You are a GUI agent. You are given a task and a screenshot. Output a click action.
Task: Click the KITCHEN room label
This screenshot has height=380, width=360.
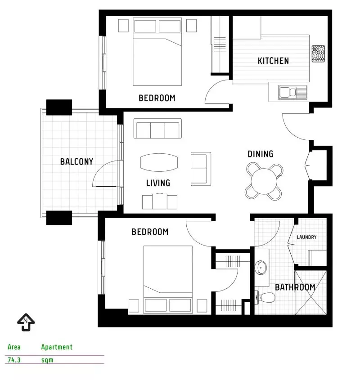coord(273,61)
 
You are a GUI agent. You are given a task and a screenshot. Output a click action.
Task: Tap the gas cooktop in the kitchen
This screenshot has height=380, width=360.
coord(318,54)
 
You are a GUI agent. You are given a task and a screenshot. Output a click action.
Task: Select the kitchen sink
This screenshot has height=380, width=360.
coord(292,92)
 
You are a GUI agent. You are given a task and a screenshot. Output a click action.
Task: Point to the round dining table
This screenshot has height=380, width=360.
coord(264,181)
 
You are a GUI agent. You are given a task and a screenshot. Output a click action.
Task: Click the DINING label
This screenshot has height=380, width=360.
coord(260,154)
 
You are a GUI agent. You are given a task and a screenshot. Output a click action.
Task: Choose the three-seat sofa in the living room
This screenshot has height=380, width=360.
coord(157,128)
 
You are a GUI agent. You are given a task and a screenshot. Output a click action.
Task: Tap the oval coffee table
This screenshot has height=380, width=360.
coord(159,162)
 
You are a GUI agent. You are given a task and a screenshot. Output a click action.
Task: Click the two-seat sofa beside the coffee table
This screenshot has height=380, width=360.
coord(201,169)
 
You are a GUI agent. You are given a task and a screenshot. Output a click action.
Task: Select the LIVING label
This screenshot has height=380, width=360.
coord(158,183)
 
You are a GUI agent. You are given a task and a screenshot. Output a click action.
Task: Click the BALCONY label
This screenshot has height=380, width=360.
coord(76,161)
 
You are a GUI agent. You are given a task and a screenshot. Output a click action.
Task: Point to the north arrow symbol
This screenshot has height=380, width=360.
coord(26,322)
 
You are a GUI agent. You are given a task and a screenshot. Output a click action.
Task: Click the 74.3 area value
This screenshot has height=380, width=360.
coord(14,360)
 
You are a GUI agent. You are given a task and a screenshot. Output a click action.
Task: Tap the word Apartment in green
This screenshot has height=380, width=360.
coord(57,347)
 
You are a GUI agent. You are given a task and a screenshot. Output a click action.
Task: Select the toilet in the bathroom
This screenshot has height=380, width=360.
coord(265,297)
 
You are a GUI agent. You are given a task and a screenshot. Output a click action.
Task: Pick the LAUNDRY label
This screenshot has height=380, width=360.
coord(306,237)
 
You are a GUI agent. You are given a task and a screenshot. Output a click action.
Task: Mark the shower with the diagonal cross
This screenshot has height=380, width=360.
coord(310,292)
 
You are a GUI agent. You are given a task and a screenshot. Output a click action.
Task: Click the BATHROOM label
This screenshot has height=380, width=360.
coord(295,287)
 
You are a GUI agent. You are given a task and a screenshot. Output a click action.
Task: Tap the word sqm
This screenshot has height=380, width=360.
coord(47,360)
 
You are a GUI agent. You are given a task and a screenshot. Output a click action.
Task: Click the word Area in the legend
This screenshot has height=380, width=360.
coord(14,347)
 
